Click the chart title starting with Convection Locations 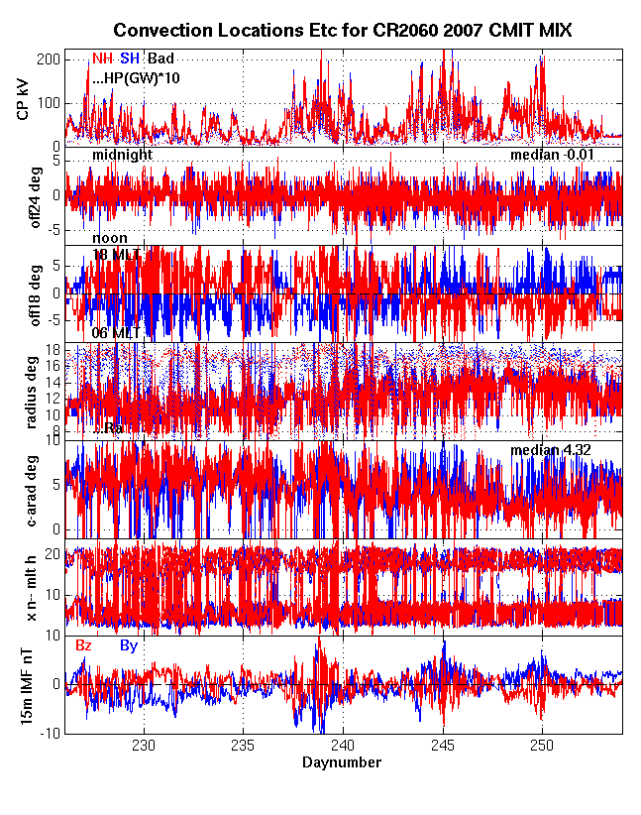pyautogui.click(x=342, y=32)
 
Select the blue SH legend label pyautogui.click(x=130, y=58)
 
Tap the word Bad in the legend pyautogui.click(x=160, y=58)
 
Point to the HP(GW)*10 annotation pyautogui.click(x=136, y=76)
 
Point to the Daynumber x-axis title pyautogui.click(x=342, y=762)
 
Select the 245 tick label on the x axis pyautogui.click(x=443, y=746)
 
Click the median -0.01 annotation pyautogui.click(x=557, y=156)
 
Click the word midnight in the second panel pyautogui.click(x=123, y=156)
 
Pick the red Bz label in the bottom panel pyautogui.click(x=85, y=645)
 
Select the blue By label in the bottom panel pyautogui.click(x=129, y=645)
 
